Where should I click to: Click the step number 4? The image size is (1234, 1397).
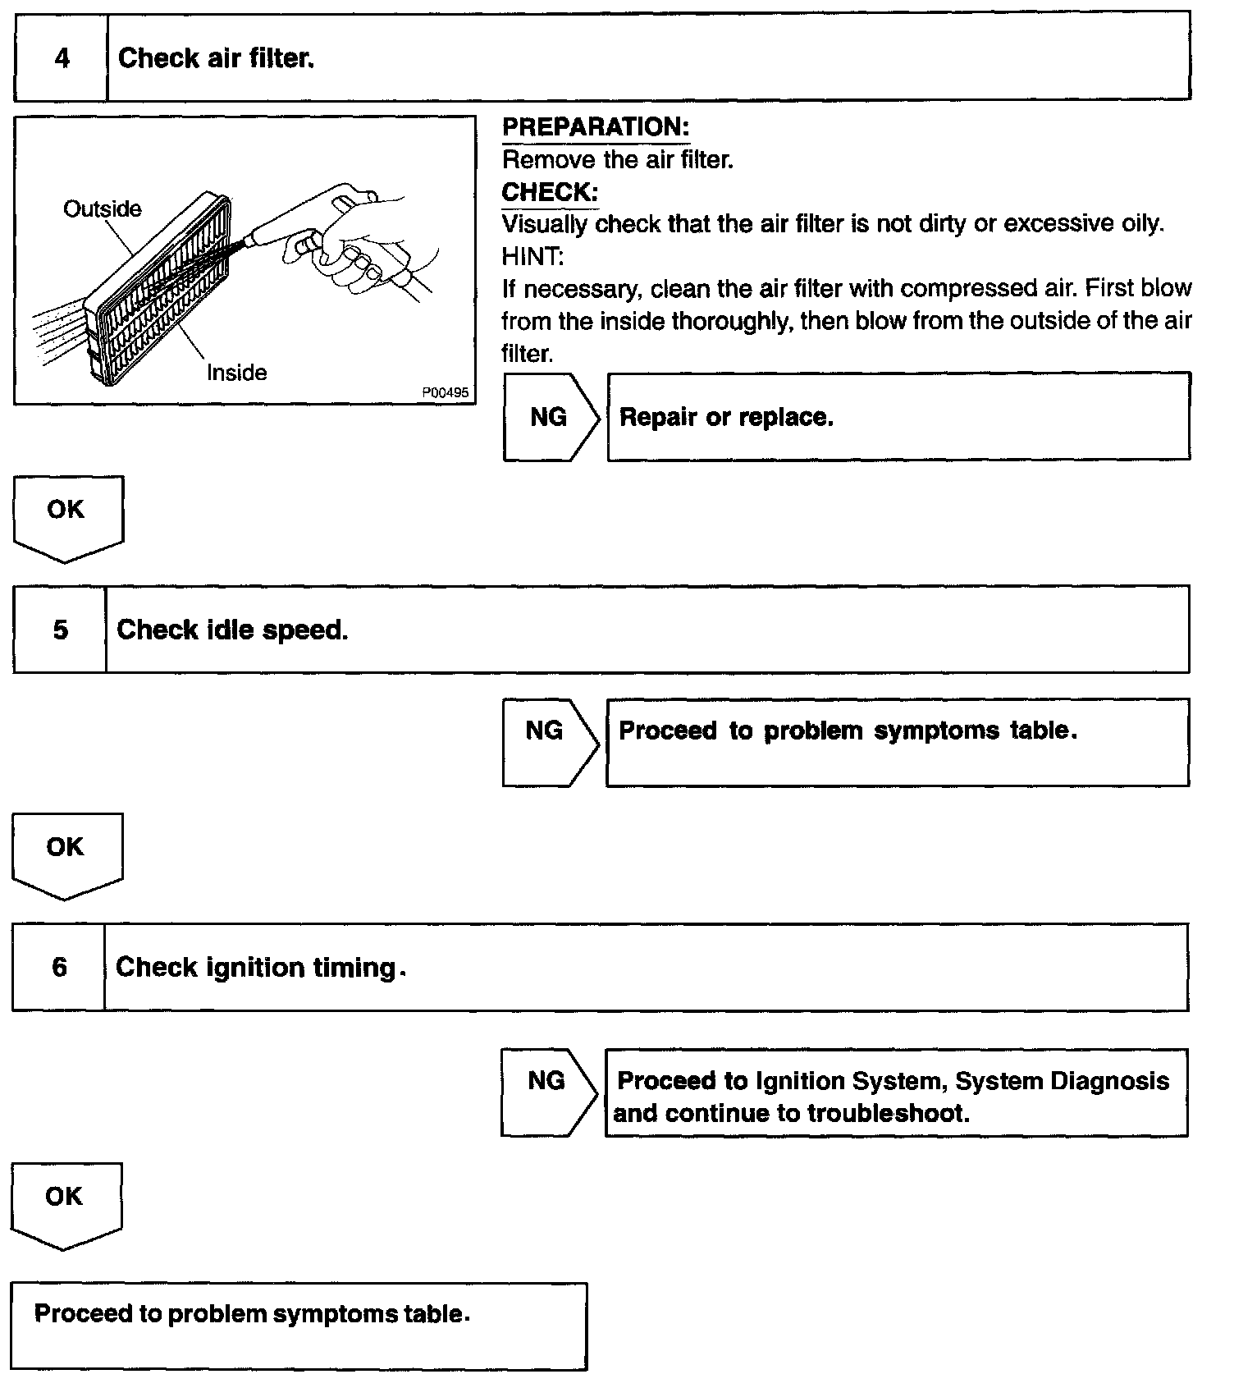coord(62,58)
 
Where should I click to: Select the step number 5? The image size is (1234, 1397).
coord(61,630)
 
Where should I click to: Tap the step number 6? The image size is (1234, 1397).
coord(60,967)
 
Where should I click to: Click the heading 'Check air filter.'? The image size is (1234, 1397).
coord(216,58)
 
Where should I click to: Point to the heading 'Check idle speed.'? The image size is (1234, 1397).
coord(232,630)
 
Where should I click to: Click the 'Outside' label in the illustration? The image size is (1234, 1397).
coord(102,209)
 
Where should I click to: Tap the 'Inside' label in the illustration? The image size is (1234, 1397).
coord(236,373)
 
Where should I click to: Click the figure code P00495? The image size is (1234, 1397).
coord(445,393)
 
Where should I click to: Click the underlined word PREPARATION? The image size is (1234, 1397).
coord(595,127)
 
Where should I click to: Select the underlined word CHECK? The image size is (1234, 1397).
coord(549,192)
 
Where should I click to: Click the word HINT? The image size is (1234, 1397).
coord(532,257)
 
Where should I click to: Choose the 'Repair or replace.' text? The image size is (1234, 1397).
coord(726,417)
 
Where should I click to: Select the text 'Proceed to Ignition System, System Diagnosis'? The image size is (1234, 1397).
coord(893,1081)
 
